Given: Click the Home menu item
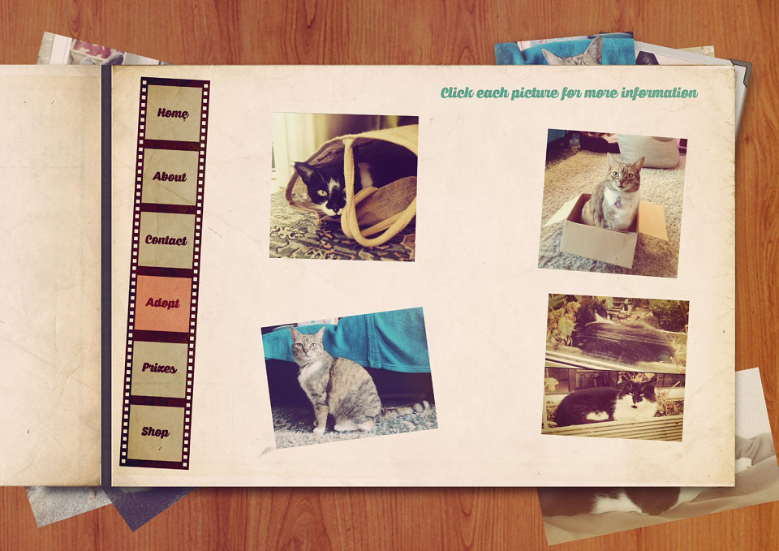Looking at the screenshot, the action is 174,113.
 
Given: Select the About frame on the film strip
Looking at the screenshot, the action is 170,176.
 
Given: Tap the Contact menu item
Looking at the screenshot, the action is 166,240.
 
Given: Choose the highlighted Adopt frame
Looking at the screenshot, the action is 162,303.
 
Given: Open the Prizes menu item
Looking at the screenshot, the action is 159,368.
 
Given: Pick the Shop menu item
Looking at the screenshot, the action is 155,432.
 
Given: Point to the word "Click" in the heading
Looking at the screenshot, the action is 456,93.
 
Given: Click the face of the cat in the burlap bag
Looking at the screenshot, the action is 322,189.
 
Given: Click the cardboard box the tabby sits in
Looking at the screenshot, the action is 607,233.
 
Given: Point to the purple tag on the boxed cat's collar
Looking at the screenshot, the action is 618,202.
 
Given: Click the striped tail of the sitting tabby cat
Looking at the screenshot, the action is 405,410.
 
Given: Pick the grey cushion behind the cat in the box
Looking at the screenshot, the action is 649,150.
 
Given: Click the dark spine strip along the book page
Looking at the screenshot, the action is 106,276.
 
